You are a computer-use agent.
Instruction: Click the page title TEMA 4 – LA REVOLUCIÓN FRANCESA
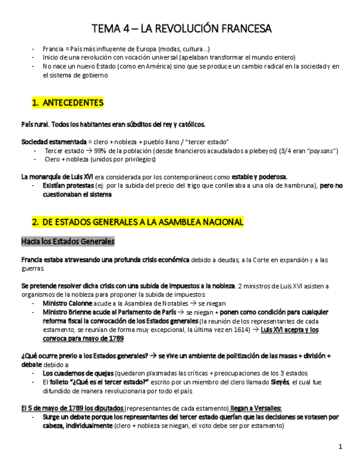182,28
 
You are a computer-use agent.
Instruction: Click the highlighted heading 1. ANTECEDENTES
68,103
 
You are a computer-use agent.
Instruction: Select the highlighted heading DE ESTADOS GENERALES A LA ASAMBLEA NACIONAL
143,222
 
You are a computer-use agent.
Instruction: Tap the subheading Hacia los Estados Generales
68,242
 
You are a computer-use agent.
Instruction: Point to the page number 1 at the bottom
341,446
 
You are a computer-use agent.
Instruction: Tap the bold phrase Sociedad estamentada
53,142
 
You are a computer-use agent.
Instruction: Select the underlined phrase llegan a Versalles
256,408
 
